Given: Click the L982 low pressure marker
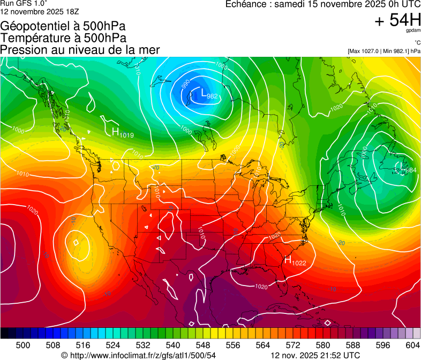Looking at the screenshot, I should [x=208, y=95].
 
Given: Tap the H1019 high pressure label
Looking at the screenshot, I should [x=123, y=132].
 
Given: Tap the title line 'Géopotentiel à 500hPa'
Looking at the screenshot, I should [x=64, y=26].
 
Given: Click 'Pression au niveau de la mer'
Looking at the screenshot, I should [x=80, y=50].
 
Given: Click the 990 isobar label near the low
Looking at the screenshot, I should [x=185, y=85].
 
